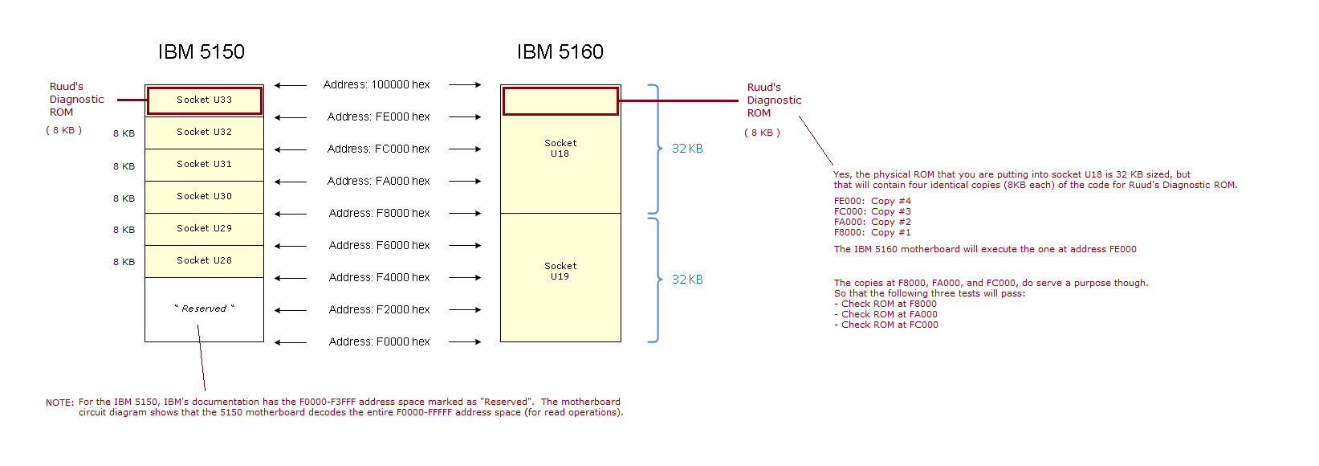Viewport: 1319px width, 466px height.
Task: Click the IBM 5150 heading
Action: coord(201,52)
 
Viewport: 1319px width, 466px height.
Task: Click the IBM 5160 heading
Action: coord(560,52)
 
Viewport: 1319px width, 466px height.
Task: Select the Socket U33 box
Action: coord(205,100)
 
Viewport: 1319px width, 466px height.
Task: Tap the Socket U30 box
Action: coord(205,197)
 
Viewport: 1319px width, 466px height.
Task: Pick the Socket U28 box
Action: coord(205,261)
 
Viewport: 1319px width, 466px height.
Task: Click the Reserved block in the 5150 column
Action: coord(205,309)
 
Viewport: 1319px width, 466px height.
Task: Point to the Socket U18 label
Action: coord(560,149)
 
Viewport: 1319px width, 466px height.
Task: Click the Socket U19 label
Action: coord(560,272)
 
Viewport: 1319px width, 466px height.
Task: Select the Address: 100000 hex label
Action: coord(377,84)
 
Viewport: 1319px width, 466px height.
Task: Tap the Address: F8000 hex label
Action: coord(379,213)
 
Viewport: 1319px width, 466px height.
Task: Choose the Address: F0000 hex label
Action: coord(379,341)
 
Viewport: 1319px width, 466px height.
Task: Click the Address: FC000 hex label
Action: coord(378,149)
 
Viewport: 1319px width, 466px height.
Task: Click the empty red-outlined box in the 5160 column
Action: coord(560,101)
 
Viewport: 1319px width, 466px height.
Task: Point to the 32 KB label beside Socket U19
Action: coord(687,280)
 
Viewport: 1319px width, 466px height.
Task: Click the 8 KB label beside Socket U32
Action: coord(124,133)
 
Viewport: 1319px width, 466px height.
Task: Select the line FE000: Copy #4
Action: coord(872,201)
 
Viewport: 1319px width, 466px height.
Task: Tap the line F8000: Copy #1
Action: coord(872,232)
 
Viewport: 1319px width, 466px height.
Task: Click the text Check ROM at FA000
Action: coord(889,314)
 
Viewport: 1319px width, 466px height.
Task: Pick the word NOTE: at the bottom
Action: coord(59,403)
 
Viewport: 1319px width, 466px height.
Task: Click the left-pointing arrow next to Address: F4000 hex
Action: coord(290,278)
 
